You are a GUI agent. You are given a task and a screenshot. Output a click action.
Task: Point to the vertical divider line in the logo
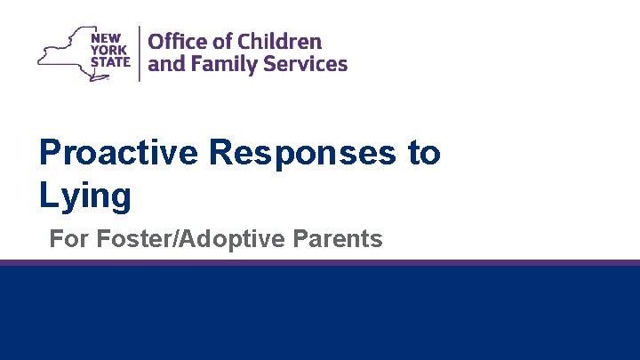139,53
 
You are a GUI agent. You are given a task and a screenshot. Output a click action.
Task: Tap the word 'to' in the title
423,153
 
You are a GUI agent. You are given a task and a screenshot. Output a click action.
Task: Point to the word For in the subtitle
68,239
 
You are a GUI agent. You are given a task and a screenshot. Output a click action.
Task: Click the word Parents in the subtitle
342,239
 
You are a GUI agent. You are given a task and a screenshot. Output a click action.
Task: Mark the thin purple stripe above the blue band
320,262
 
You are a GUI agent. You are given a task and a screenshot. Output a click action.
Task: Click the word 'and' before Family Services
164,65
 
